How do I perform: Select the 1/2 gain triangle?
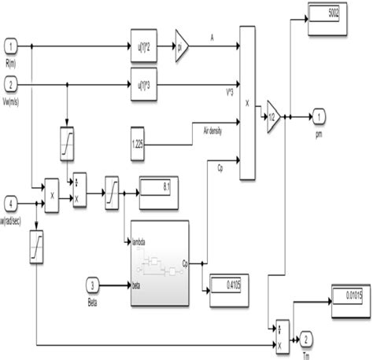pyautogui.click(x=272, y=116)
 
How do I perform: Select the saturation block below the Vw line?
pyautogui.click(x=68, y=142)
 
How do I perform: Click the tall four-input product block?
pyautogui.click(x=246, y=102)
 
